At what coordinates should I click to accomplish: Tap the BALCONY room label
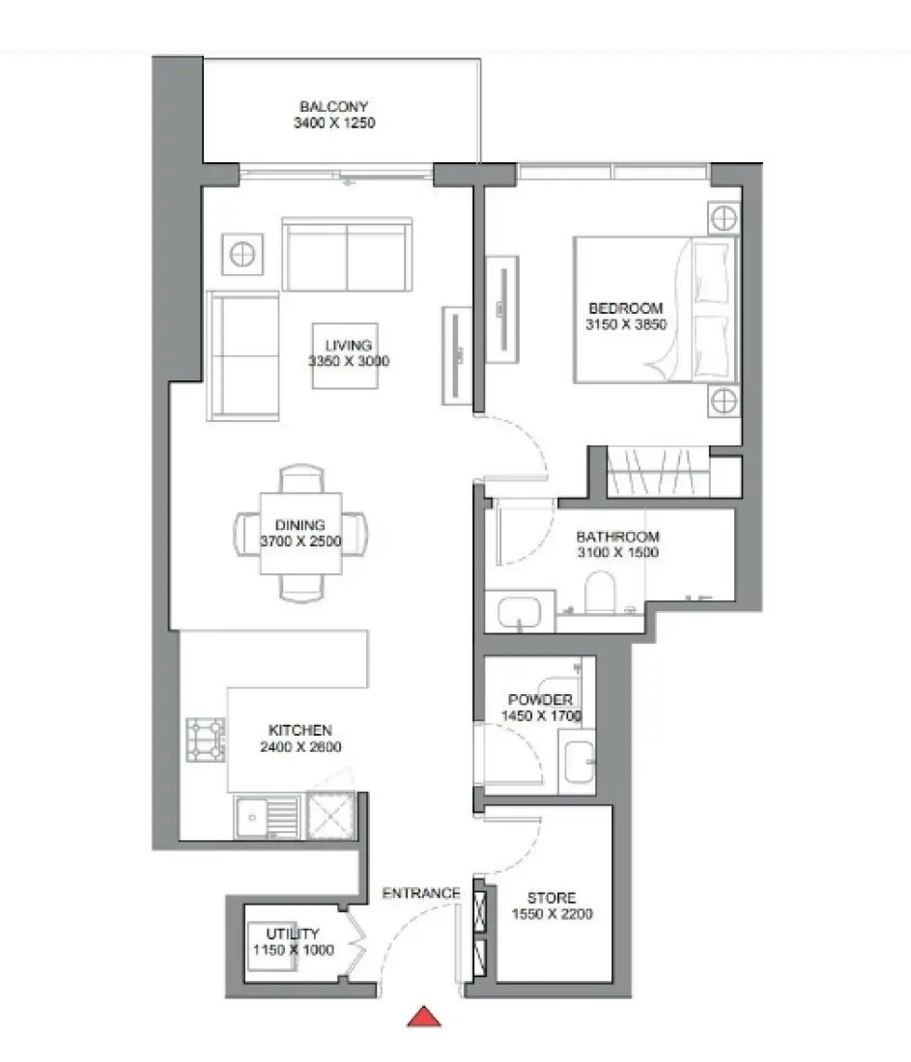(333, 107)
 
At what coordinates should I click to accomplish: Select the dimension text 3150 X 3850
(626, 325)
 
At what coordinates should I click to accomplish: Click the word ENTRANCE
(421, 893)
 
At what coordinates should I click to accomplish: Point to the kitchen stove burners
(206, 740)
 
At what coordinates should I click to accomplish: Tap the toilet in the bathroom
(600, 592)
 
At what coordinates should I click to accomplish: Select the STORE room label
(553, 898)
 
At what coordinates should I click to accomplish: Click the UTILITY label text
(293, 934)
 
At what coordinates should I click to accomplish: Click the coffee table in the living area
(344, 355)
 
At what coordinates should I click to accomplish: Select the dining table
(300, 533)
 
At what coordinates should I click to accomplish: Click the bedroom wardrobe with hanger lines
(659, 471)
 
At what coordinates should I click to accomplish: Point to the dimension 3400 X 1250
(333, 124)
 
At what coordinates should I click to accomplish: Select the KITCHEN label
(300, 731)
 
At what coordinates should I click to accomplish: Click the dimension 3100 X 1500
(617, 553)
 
